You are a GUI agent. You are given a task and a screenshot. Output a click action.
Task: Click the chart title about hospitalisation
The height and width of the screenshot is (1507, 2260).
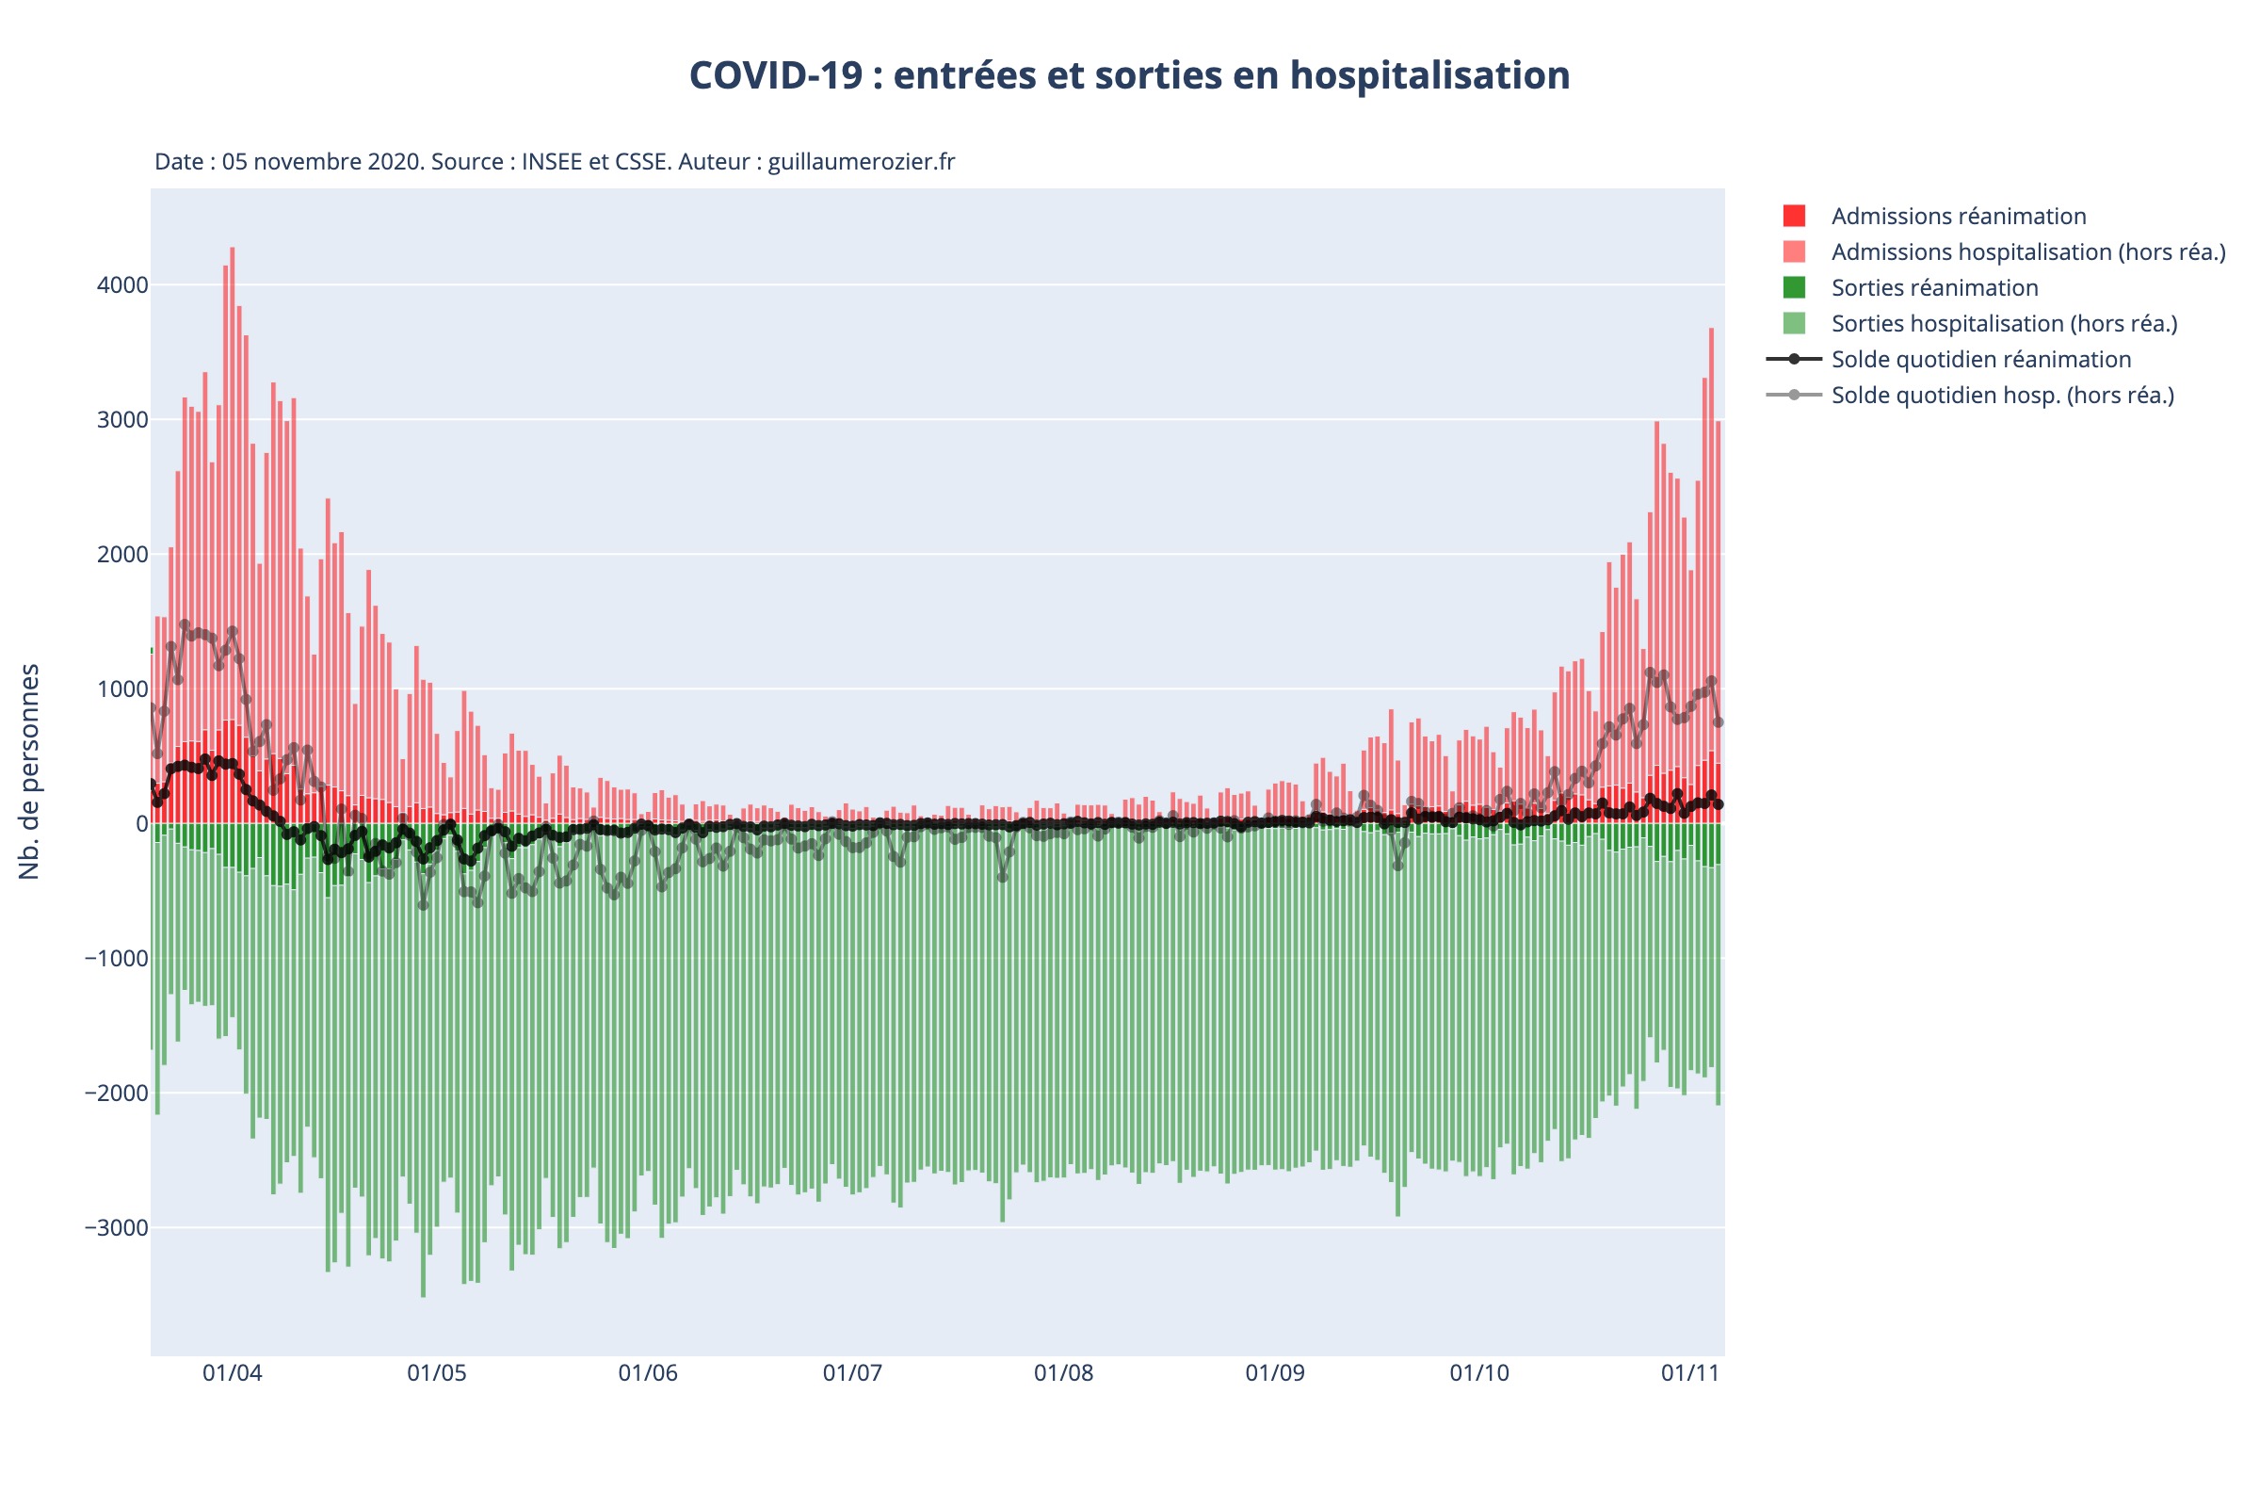1129,76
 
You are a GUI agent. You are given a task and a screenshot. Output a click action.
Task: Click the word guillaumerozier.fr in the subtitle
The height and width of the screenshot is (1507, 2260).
861,161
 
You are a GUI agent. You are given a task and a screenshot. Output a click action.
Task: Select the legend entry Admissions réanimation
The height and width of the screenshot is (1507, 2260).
1959,217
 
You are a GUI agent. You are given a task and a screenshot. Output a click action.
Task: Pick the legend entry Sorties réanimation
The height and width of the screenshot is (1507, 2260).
1934,287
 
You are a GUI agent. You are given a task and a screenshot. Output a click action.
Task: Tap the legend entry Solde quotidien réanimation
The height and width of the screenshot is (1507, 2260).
1980,360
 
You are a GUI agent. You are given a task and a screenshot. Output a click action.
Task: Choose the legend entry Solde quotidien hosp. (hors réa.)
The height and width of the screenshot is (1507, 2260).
2003,395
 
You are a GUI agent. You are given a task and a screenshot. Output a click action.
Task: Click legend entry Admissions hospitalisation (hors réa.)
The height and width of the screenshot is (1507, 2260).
2027,251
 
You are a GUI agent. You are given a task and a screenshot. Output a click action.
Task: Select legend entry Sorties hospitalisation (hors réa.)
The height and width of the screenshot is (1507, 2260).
2004,324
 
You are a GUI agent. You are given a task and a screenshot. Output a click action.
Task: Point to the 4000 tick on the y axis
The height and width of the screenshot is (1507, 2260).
122,285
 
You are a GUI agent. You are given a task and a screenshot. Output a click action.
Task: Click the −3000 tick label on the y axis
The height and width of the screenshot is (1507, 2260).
116,1228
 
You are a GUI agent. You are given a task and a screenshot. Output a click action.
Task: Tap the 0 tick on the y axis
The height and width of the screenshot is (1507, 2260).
141,823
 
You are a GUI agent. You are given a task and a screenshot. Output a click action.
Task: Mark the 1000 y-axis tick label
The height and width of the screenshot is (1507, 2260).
122,689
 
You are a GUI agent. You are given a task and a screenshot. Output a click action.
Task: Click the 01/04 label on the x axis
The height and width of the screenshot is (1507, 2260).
232,1372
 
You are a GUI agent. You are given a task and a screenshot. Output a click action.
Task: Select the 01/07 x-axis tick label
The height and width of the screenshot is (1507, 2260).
851,1372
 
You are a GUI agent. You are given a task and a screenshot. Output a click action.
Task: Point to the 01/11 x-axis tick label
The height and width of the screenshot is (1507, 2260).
1690,1372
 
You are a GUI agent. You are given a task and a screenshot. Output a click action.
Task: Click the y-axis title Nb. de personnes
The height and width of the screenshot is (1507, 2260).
30,770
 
